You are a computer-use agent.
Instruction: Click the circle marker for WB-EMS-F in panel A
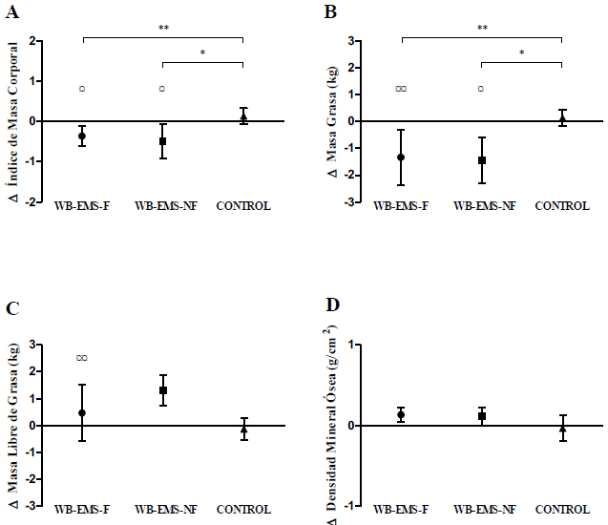pyautogui.click(x=82, y=136)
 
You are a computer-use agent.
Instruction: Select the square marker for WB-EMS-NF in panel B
pyautogui.click(x=482, y=160)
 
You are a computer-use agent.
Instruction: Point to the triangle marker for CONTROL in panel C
pyautogui.click(x=243, y=430)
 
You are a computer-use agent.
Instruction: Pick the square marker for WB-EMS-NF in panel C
pyautogui.click(x=163, y=390)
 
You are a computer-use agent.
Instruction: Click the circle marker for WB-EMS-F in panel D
pyautogui.click(x=401, y=414)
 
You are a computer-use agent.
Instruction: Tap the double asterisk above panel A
pyautogui.click(x=163, y=30)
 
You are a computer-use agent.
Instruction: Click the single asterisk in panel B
pyautogui.click(x=522, y=54)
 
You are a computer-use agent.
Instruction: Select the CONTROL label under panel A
pyautogui.click(x=243, y=206)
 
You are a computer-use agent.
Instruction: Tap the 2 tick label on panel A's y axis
pyautogui.click(x=32, y=41)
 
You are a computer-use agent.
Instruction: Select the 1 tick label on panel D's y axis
pyautogui.click(x=355, y=345)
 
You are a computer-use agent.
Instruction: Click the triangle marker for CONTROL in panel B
pyautogui.click(x=562, y=118)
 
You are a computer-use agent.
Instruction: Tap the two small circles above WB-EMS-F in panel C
pyautogui.click(x=82, y=358)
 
